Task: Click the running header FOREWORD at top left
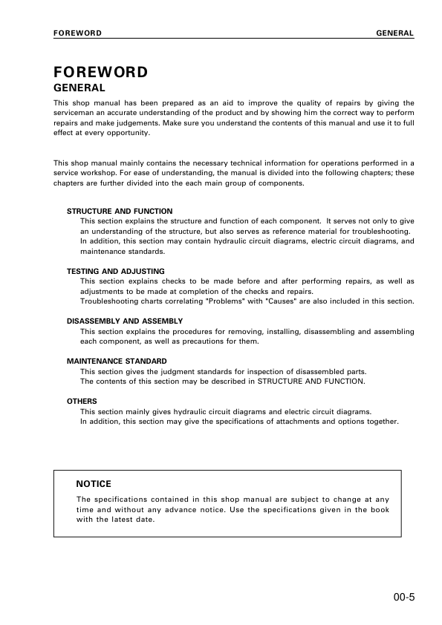coord(77,33)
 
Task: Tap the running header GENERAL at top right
coord(395,33)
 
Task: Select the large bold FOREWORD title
coord(100,73)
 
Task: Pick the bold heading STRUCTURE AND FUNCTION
coord(120,212)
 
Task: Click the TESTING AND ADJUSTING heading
coord(116,272)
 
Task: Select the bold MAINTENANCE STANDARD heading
coord(117,361)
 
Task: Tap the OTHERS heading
coord(82,402)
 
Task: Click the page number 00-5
coord(406,595)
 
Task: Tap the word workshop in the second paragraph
coord(100,174)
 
